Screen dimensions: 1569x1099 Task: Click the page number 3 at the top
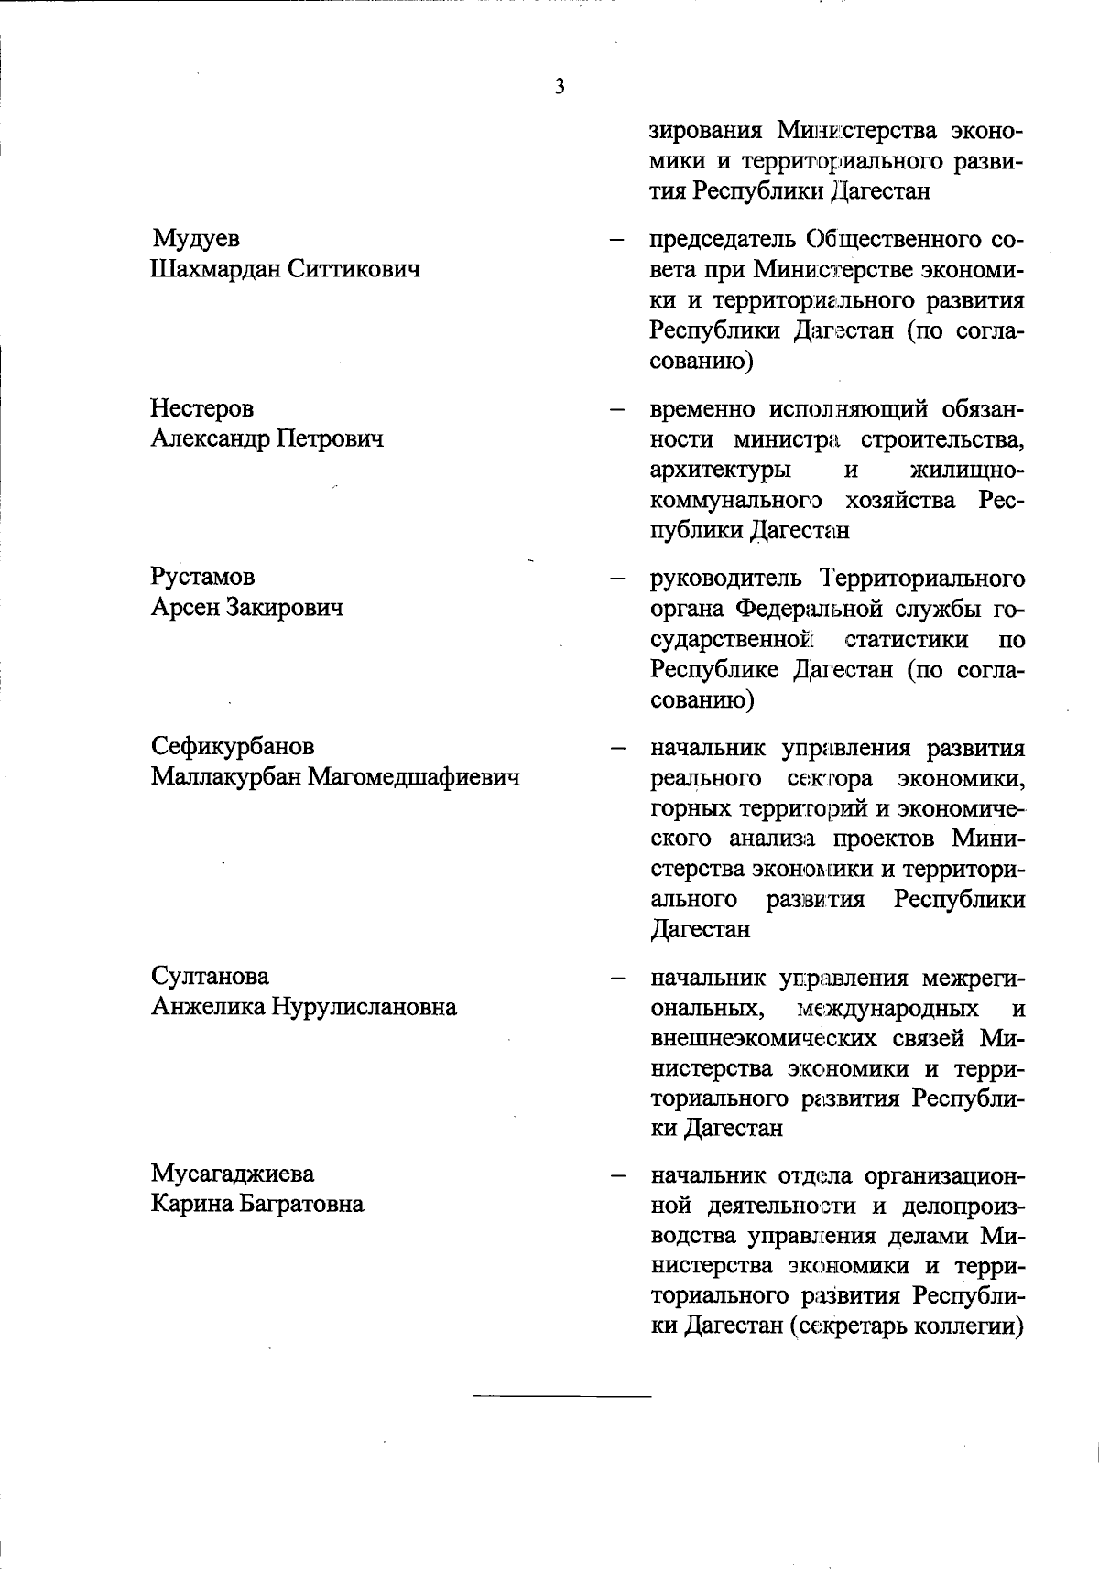[x=560, y=88]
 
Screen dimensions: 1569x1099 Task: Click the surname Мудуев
[x=196, y=240]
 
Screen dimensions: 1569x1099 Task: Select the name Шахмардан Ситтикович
[x=285, y=270]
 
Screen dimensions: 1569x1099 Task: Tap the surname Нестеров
[x=202, y=408]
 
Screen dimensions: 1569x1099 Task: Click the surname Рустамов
[x=203, y=578]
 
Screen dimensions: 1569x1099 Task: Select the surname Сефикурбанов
[x=233, y=747]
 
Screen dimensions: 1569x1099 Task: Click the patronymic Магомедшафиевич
[x=413, y=777]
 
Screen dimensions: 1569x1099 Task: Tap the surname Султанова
[x=210, y=977]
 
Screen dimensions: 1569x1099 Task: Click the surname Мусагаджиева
[x=233, y=1174]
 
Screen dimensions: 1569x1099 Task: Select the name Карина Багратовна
[x=257, y=1204]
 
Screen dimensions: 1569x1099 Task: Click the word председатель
[x=723, y=241]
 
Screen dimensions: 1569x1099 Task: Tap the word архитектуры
[x=721, y=471]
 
